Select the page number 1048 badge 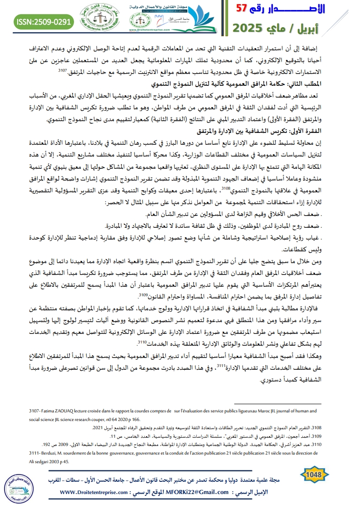[314, 475]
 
